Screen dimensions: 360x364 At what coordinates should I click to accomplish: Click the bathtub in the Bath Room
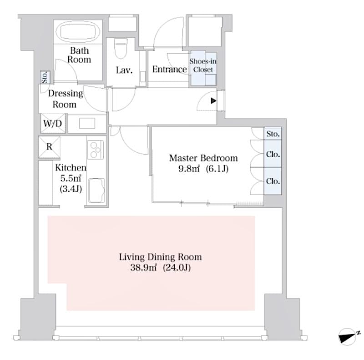(79, 32)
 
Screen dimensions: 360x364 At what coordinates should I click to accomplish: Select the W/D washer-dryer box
(53, 124)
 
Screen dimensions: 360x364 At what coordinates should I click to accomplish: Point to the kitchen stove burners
(96, 150)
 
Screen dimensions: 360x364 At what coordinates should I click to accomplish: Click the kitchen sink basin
(96, 190)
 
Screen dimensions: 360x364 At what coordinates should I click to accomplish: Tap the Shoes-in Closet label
(203, 65)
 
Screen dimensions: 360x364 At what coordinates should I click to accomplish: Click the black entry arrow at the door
(213, 101)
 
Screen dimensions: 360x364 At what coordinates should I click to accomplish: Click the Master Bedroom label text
(203, 158)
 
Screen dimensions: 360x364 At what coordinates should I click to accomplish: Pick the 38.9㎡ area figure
(144, 268)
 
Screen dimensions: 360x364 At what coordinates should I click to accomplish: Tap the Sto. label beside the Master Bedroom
(273, 134)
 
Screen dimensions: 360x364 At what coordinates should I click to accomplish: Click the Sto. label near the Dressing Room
(45, 77)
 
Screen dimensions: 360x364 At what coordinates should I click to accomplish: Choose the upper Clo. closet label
(273, 155)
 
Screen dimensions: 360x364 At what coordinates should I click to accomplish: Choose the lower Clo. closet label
(273, 181)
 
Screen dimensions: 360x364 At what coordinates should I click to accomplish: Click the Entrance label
(169, 70)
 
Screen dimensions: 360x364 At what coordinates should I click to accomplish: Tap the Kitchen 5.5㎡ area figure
(71, 178)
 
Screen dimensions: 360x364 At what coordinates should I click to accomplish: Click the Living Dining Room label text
(160, 257)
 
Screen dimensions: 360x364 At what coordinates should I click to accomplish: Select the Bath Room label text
(79, 55)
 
